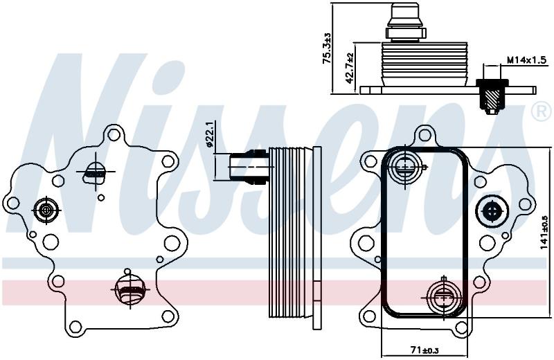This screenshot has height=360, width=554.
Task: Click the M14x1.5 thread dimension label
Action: (527, 60)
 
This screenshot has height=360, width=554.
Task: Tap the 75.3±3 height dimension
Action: (327, 48)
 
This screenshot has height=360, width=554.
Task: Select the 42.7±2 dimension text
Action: (350, 68)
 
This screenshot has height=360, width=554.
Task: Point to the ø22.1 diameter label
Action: (209, 134)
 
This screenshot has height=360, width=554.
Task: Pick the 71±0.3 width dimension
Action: (425, 350)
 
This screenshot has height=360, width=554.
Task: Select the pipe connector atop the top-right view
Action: (406, 22)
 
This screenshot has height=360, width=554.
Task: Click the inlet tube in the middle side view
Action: (245, 167)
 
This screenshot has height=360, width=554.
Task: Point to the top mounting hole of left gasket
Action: (114, 134)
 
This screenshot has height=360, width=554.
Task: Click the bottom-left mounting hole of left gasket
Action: (75, 327)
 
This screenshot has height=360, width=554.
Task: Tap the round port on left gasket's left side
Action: (46, 210)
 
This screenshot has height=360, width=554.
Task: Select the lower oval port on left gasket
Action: (130, 289)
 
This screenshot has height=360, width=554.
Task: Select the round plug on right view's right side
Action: (492, 211)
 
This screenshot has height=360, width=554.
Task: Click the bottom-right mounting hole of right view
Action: (461, 328)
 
